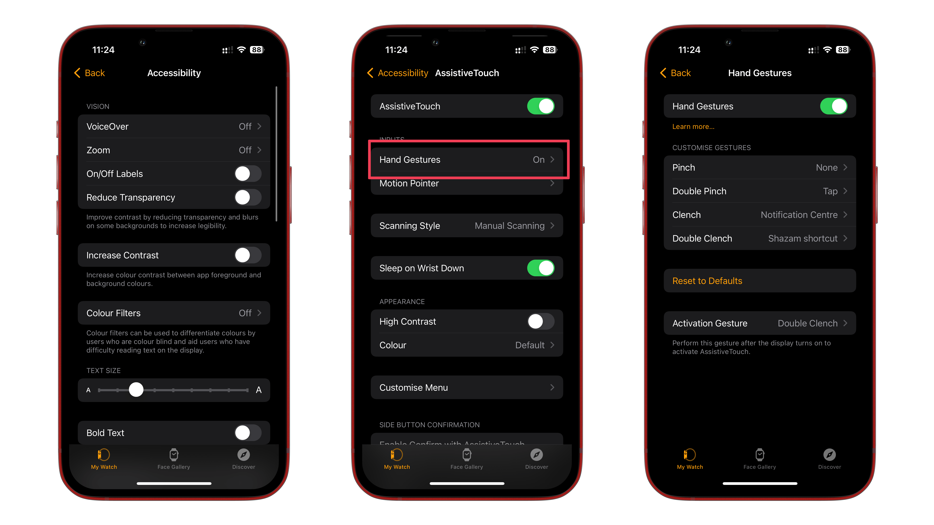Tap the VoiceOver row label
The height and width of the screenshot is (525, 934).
coord(107,126)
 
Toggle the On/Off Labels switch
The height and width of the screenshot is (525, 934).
coord(248,174)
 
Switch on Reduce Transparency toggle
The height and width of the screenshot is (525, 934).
coord(248,198)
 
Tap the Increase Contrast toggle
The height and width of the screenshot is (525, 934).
coord(248,256)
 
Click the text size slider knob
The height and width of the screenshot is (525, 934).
coord(136,390)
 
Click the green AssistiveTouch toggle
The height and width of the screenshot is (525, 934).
coord(541,106)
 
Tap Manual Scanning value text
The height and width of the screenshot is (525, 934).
coord(509,226)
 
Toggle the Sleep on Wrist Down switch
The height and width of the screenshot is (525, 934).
coord(541,268)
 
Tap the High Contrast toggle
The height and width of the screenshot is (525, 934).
coord(541,321)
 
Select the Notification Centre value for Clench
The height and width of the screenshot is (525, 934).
coord(799,215)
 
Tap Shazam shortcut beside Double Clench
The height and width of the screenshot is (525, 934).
coord(802,238)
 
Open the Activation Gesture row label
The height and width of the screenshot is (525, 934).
coord(710,323)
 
